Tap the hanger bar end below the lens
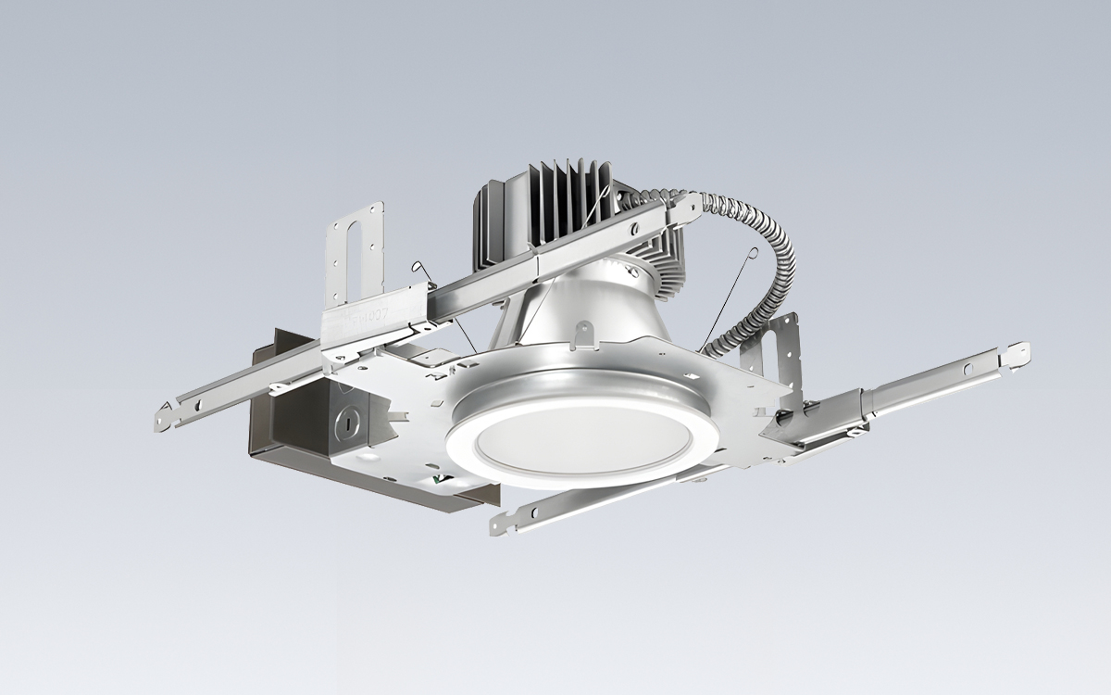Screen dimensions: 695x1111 point(505,522)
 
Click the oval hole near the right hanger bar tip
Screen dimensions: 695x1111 point(968,370)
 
